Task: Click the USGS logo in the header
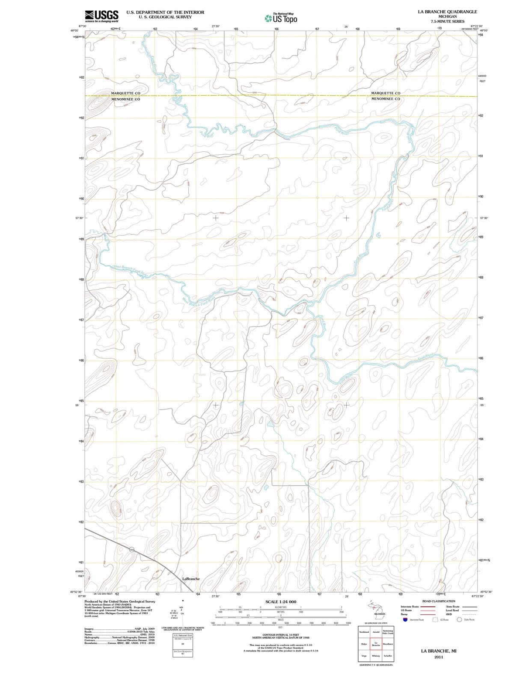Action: [x=101, y=16]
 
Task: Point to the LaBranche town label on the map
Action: [x=191, y=579]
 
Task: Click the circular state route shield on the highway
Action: [x=132, y=549]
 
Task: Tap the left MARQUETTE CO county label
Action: [x=125, y=93]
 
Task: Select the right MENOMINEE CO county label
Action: [x=386, y=99]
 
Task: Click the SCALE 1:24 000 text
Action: [x=281, y=601]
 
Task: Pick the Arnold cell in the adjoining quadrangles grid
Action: [x=376, y=632]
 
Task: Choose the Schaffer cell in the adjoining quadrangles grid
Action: [x=387, y=656]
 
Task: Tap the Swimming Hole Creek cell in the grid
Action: [x=388, y=632]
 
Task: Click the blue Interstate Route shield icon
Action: [x=404, y=619]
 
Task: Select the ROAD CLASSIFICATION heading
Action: [x=439, y=601]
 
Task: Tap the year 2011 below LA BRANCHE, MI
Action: [x=438, y=657]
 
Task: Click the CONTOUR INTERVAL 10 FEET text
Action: [x=281, y=635]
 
